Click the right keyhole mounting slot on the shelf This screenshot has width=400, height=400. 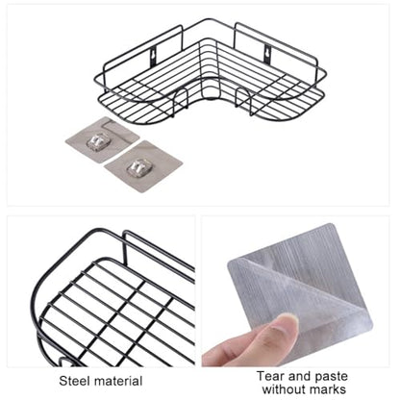[267, 54]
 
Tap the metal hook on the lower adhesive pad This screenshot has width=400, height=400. [136, 167]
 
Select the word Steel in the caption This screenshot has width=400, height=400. [75, 381]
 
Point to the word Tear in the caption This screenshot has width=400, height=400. [270, 376]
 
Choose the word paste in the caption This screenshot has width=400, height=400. [331, 377]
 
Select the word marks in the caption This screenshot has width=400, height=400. [327, 389]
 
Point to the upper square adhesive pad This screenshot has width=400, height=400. [102, 138]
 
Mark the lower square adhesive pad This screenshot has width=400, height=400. [143, 166]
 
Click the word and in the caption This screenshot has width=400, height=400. [299, 376]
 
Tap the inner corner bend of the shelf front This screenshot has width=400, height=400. [211, 96]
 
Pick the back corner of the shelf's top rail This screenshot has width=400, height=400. [209, 20]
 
